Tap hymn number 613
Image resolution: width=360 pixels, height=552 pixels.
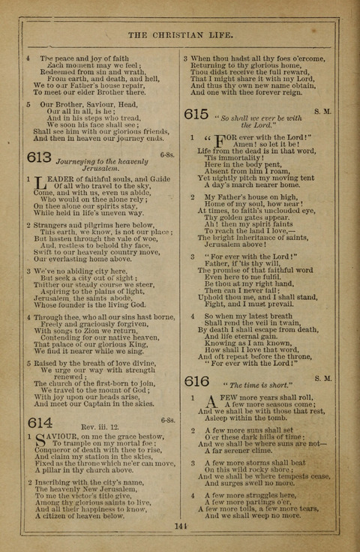pyautogui.click(x=39, y=157)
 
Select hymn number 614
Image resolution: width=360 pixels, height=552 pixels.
pyautogui.click(x=39, y=421)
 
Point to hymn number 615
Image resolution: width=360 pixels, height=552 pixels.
pyautogui.click(x=196, y=115)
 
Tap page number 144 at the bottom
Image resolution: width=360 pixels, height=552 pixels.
pyautogui.click(x=179, y=527)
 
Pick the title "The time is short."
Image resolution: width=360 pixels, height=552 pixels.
pyautogui.click(x=249, y=385)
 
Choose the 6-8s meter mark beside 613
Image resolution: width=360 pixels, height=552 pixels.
pyautogui.click(x=166, y=155)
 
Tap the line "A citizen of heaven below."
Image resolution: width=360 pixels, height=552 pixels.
pyautogui.click(x=82, y=517)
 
